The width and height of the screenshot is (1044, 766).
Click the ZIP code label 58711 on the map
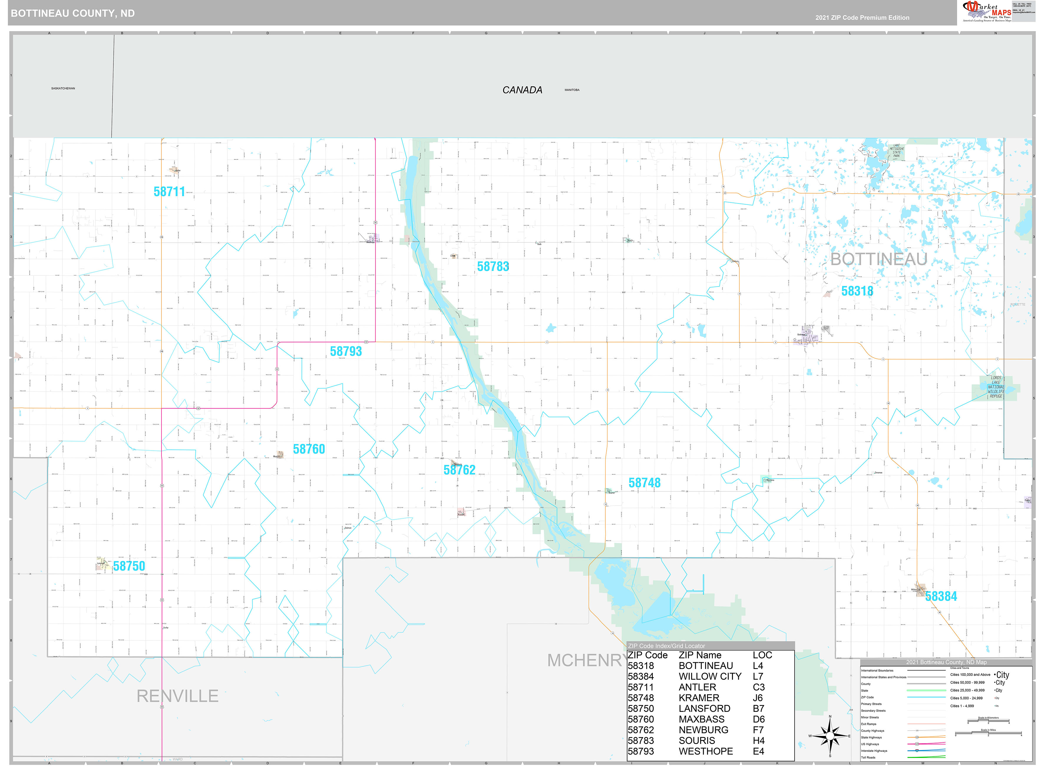(x=169, y=191)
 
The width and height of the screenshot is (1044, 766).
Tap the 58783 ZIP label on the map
(x=493, y=267)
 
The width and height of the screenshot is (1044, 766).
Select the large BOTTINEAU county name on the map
(x=878, y=259)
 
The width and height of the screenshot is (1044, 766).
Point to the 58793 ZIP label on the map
(x=346, y=351)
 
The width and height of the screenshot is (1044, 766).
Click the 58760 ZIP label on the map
(x=309, y=449)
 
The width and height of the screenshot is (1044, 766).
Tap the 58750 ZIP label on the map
(x=129, y=566)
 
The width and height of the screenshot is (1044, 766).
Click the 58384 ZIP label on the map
(x=941, y=596)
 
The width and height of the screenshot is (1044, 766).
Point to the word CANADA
(x=522, y=90)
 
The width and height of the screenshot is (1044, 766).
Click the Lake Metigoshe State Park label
(x=897, y=151)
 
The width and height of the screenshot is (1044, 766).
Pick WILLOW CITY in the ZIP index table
(x=710, y=676)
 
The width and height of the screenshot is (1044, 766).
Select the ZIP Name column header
(x=700, y=655)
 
